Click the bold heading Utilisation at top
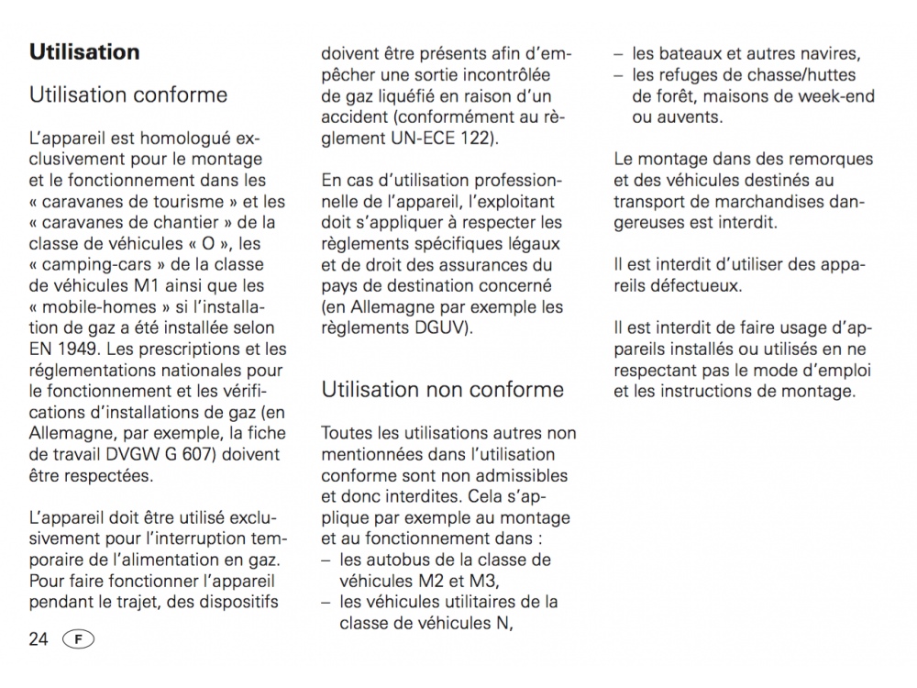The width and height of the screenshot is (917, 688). pos(84,51)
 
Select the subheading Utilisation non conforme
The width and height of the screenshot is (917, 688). pos(443,389)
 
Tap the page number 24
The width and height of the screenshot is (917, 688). pos(39,639)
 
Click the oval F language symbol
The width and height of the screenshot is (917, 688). pos(79,639)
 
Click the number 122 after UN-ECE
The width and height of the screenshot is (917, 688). pos(482,139)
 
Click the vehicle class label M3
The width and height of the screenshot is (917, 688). pos(480,581)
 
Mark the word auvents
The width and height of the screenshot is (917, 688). pos(689,117)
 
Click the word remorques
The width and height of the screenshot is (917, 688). pos(832,160)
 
